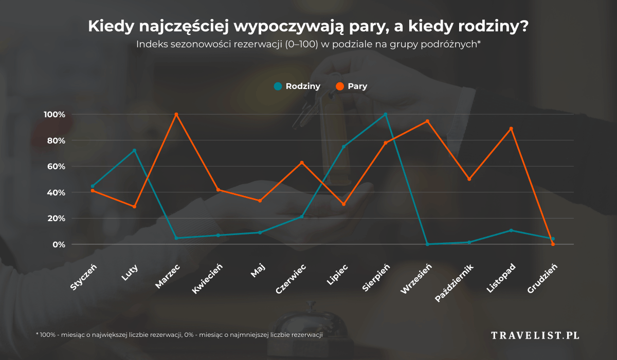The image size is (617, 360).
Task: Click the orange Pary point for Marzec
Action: (x=176, y=114)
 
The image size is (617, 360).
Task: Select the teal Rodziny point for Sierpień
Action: (x=386, y=114)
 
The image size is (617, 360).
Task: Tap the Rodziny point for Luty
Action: (x=135, y=150)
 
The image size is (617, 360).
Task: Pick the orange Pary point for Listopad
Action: (x=511, y=129)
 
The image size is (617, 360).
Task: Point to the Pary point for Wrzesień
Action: (x=427, y=121)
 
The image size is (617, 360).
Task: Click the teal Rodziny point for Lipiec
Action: (x=343, y=147)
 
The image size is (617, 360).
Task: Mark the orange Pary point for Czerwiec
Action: (x=302, y=163)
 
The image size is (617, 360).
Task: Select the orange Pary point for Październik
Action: (x=469, y=179)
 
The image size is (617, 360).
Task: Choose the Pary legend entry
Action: (x=352, y=86)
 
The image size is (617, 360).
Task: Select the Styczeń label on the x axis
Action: (x=84, y=277)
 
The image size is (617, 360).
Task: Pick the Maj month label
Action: (x=258, y=271)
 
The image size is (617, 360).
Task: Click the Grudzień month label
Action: (x=541, y=279)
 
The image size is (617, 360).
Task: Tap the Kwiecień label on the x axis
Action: (x=208, y=279)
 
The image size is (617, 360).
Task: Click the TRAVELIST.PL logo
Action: (x=535, y=335)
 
